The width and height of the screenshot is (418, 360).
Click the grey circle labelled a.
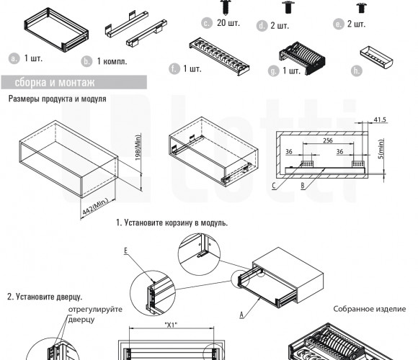click(14, 58)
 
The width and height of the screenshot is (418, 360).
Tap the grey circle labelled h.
click(357, 71)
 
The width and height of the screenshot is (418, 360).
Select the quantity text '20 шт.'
click(228, 23)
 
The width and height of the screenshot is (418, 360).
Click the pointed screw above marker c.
click(225, 7)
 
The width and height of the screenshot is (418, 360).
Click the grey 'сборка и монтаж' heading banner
click(74, 82)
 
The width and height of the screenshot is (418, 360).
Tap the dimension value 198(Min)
click(138, 148)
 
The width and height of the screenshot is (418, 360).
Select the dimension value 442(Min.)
click(95, 207)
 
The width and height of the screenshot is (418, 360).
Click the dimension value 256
click(328, 140)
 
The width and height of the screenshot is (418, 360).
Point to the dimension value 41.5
click(380, 120)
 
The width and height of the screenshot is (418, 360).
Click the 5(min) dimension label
click(381, 149)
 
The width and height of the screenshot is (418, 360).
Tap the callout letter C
click(274, 186)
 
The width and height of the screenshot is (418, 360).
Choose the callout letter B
click(303, 185)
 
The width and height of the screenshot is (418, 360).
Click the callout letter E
click(126, 251)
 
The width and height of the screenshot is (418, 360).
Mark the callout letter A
click(241, 315)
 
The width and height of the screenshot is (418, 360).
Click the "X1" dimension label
click(171, 325)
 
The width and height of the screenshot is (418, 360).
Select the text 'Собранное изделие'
click(370, 309)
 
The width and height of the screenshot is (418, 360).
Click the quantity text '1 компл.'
click(112, 61)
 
